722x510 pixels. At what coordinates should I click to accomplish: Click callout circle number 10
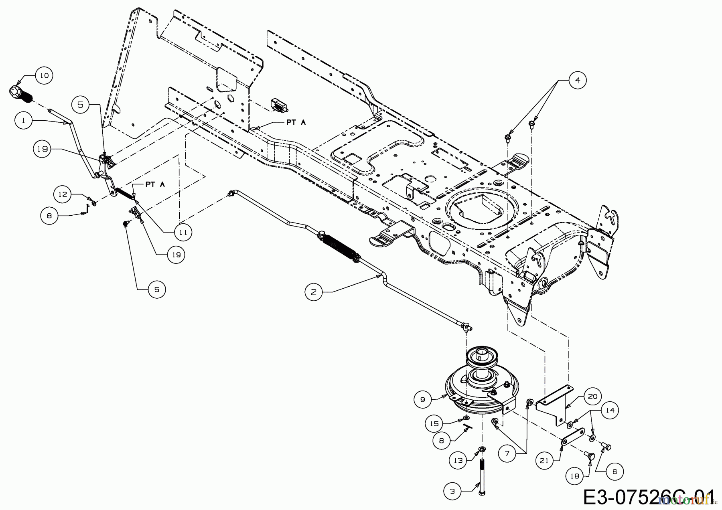pyautogui.click(x=44, y=75)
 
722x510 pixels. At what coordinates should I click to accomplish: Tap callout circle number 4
pyautogui.click(x=577, y=81)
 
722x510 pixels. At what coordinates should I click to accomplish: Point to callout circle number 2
pyautogui.click(x=314, y=292)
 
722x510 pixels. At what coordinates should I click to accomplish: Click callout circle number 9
pyautogui.click(x=423, y=399)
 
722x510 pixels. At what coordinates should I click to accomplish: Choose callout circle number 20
pyautogui.click(x=592, y=397)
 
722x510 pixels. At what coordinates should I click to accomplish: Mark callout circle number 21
pyautogui.click(x=544, y=461)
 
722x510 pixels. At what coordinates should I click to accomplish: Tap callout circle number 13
pyautogui.click(x=458, y=460)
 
